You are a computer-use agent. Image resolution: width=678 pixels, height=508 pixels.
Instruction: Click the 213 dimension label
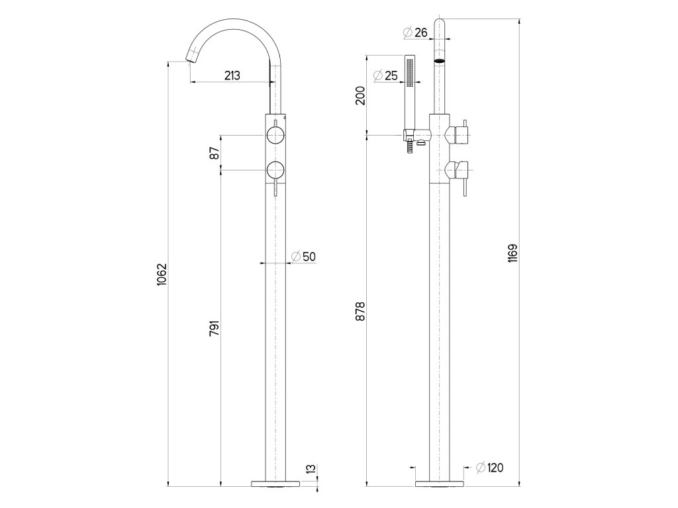pyautogui.click(x=232, y=75)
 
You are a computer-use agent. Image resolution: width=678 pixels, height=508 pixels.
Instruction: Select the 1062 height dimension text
pyautogui.click(x=162, y=274)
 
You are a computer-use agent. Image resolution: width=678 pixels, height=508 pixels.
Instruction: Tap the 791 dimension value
pyautogui.click(x=215, y=328)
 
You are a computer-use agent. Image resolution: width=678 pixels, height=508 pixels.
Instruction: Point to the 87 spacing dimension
pyautogui.click(x=215, y=153)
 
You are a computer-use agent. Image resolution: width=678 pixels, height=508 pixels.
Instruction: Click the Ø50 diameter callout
pyautogui.click(x=303, y=257)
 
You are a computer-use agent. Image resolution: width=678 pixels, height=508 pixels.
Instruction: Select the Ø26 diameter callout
pyautogui.click(x=415, y=32)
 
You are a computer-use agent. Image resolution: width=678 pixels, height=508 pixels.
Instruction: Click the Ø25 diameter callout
pyautogui.click(x=385, y=75)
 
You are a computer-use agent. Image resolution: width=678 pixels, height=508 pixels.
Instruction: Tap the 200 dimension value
pyautogui.click(x=360, y=95)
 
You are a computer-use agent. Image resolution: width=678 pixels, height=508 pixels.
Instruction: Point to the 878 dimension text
pyautogui.click(x=360, y=311)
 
